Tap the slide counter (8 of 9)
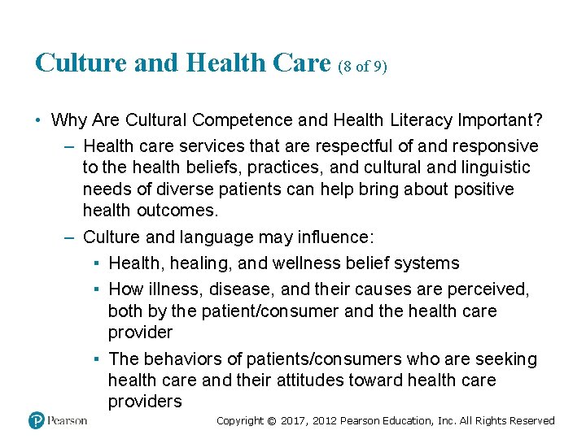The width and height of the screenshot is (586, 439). coord(362,65)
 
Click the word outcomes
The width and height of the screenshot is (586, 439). coord(177,210)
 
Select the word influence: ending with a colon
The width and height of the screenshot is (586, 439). coord(335,237)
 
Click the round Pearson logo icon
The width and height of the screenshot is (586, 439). coord(37,420)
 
